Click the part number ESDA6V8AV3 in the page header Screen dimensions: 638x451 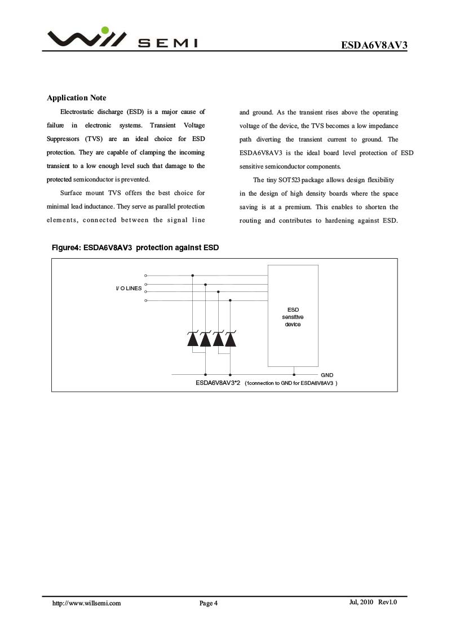point(373,45)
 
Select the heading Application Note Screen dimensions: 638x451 point(76,98)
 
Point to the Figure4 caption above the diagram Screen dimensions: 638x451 point(135,248)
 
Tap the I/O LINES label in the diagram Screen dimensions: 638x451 point(129,289)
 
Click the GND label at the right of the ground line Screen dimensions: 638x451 point(327,375)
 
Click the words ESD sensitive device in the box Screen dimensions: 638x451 point(293,317)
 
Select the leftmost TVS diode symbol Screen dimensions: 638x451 point(193,339)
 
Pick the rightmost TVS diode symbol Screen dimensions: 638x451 point(230,339)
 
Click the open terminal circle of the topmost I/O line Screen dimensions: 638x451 point(146,276)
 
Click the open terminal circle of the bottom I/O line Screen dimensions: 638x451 point(146,301)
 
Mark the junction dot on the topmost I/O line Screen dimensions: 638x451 point(193,276)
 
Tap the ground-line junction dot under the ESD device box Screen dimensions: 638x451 point(294,374)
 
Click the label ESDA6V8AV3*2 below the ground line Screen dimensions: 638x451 point(218,383)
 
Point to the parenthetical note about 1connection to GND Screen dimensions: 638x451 point(291,383)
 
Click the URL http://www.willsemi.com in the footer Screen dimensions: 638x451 point(87,603)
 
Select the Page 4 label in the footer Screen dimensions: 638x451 point(208,604)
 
